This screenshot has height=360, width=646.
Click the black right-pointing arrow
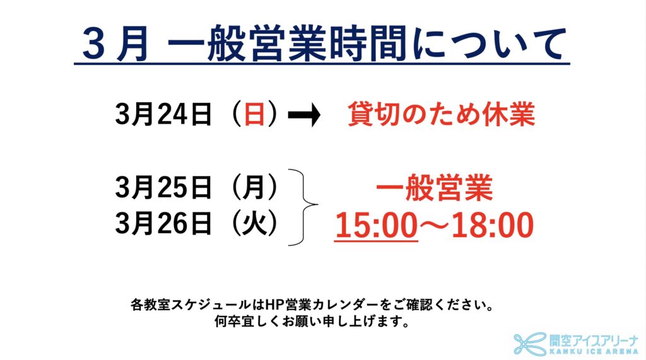click(x=304, y=114)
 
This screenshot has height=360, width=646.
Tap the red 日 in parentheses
click(x=254, y=114)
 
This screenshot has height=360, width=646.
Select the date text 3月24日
click(x=163, y=114)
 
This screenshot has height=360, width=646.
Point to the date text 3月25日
click(x=163, y=187)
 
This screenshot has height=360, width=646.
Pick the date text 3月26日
click(x=163, y=224)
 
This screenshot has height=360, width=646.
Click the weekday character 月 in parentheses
click(x=254, y=187)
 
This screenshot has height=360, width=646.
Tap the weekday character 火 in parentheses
click(x=254, y=224)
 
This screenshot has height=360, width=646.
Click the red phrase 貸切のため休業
click(x=441, y=114)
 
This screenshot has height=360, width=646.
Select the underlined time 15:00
click(x=376, y=225)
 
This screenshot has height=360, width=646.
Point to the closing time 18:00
click(x=493, y=225)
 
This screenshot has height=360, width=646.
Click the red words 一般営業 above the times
click(x=434, y=188)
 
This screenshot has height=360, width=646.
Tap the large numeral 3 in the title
click(x=94, y=44)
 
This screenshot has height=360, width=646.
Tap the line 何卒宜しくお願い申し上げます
click(x=312, y=321)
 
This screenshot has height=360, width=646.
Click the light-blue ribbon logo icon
click(x=530, y=344)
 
